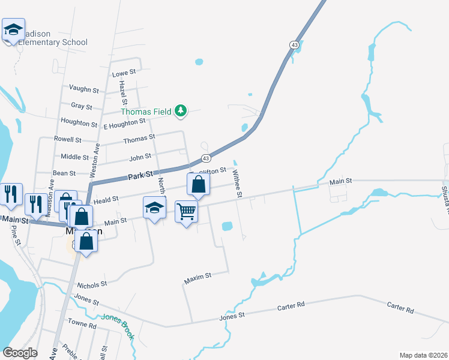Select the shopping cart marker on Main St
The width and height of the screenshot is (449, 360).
click(x=186, y=211)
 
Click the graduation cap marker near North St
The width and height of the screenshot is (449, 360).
click(x=154, y=208)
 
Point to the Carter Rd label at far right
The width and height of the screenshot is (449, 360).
click(x=401, y=310)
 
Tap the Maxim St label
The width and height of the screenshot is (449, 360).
click(x=197, y=276)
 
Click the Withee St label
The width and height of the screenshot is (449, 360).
click(x=237, y=184)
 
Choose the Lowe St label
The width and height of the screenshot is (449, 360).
click(x=124, y=73)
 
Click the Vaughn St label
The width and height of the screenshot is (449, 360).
click(x=83, y=89)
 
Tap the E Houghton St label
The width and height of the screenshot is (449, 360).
click(x=125, y=122)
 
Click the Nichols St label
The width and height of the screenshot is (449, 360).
click(x=91, y=283)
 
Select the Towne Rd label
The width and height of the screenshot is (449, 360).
click(x=82, y=325)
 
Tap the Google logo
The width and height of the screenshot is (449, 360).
click(x=20, y=352)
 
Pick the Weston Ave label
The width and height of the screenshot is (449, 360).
click(x=94, y=159)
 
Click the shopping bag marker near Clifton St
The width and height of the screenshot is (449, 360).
click(x=199, y=185)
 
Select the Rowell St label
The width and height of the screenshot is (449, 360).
click(x=67, y=139)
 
